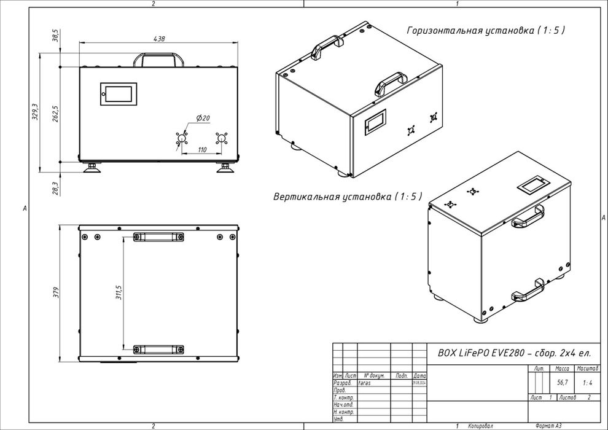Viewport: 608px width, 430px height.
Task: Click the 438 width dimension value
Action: point(158,39)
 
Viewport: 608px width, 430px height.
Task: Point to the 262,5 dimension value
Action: point(55,114)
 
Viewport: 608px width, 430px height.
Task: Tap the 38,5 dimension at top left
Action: point(55,36)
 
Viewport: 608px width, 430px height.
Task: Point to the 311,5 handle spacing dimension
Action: point(120,292)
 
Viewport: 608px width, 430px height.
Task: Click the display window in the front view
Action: point(119,94)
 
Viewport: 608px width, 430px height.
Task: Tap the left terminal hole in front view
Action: point(181,139)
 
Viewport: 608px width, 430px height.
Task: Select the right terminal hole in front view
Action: point(221,139)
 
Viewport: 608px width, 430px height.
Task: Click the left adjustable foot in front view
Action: point(93,168)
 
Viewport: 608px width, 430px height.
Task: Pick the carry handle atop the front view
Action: point(159,60)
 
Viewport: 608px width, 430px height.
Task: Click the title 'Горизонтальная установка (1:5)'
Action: point(485,30)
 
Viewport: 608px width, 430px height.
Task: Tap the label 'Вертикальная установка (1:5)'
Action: point(348,197)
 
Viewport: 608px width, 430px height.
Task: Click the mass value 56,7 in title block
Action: point(562,382)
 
